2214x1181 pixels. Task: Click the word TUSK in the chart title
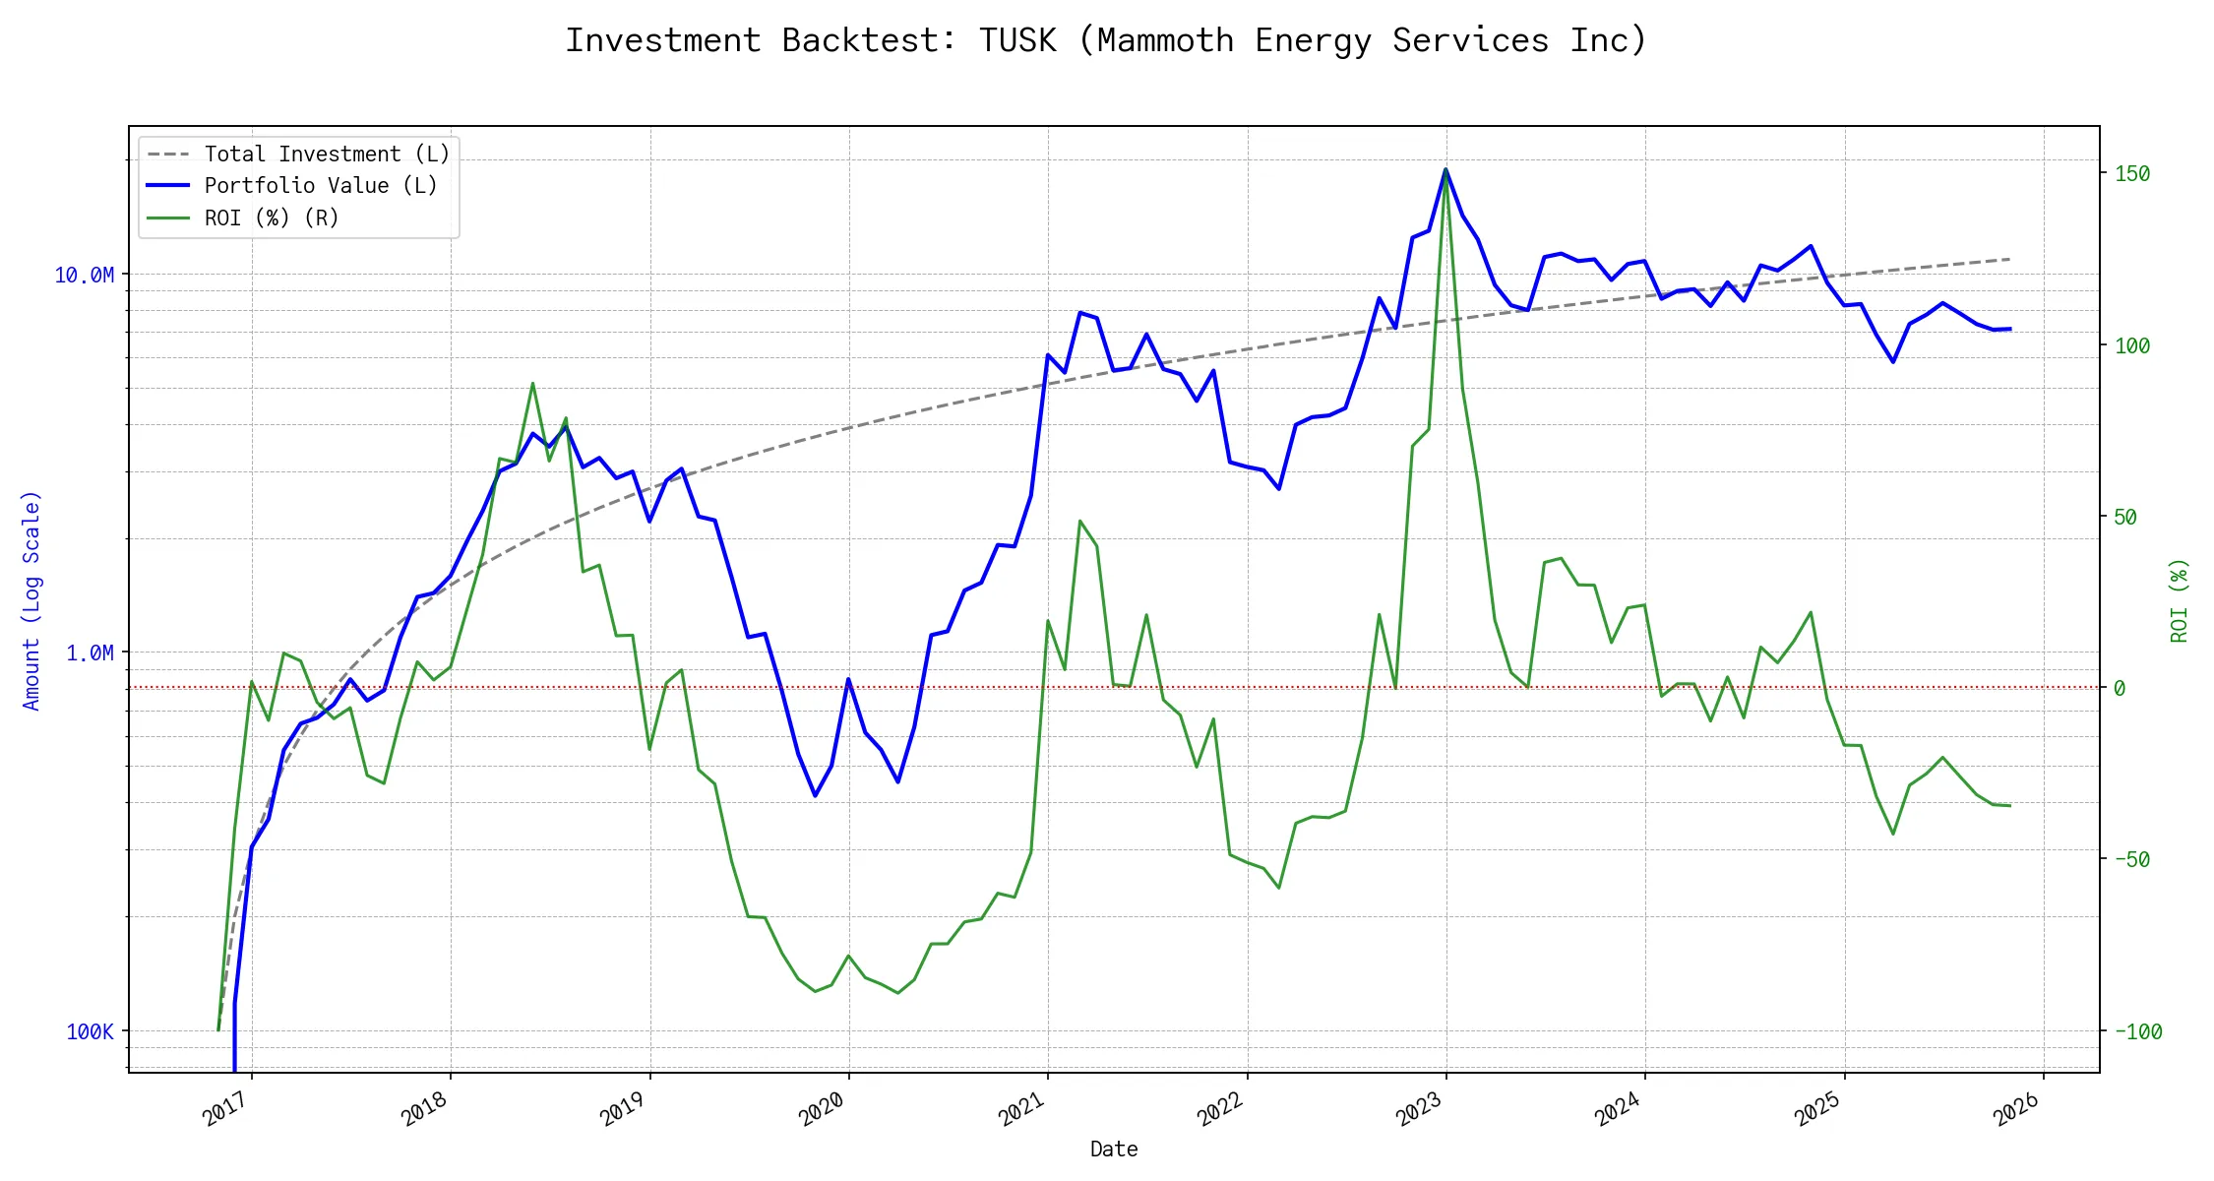[x=1017, y=40]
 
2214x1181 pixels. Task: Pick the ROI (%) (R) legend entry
[x=271, y=218]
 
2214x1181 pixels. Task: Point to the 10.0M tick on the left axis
[x=84, y=275]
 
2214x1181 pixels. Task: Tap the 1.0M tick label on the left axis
[x=90, y=653]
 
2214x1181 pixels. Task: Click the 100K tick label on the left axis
[x=90, y=1031]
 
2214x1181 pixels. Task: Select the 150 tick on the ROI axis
[x=2132, y=173]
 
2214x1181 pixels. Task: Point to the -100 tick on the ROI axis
[x=2138, y=1031]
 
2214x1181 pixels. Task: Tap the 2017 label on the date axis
[x=225, y=1110]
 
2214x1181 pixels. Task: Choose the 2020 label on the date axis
[x=822, y=1110]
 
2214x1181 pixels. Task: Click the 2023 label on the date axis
[x=1419, y=1110]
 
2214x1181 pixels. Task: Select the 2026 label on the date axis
[x=2016, y=1110]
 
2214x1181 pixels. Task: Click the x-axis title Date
[x=1114, y=1149]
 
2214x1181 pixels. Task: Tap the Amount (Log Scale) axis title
[x=31, y=600]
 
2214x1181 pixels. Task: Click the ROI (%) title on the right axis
[x=2180, y=600]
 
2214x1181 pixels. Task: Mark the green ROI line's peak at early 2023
[x=1445, y=169]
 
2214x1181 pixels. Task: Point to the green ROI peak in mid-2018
[x=532, y=383]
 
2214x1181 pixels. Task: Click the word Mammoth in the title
[x=1165, y=40]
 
